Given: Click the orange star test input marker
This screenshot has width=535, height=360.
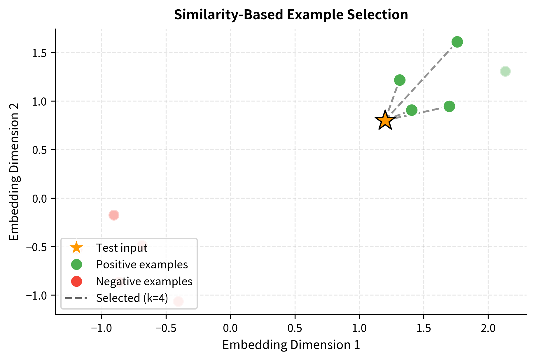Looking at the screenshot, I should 385,120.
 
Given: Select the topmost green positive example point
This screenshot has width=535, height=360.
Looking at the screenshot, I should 457,42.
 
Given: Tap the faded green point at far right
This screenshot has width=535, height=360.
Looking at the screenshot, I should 505,71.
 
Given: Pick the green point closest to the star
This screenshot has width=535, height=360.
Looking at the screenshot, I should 412,110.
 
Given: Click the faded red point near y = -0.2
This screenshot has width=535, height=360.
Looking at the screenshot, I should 114,215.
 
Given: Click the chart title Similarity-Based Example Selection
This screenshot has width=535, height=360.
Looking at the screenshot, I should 291,15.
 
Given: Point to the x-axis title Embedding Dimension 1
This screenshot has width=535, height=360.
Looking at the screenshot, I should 291,345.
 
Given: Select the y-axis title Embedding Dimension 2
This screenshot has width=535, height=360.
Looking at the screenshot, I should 14,172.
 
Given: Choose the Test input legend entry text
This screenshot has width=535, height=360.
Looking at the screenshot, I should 122,248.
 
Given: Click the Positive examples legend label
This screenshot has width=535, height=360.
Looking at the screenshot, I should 142,265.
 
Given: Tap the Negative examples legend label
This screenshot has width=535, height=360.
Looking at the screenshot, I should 144,282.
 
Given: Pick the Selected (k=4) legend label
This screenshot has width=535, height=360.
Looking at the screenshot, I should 132,298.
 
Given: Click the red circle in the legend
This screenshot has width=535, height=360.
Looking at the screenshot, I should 77,282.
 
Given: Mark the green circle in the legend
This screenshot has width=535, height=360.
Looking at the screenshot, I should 77,265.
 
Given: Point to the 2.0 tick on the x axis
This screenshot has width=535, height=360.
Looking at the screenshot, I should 488,328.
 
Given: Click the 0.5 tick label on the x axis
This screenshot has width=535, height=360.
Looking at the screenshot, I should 295,328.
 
